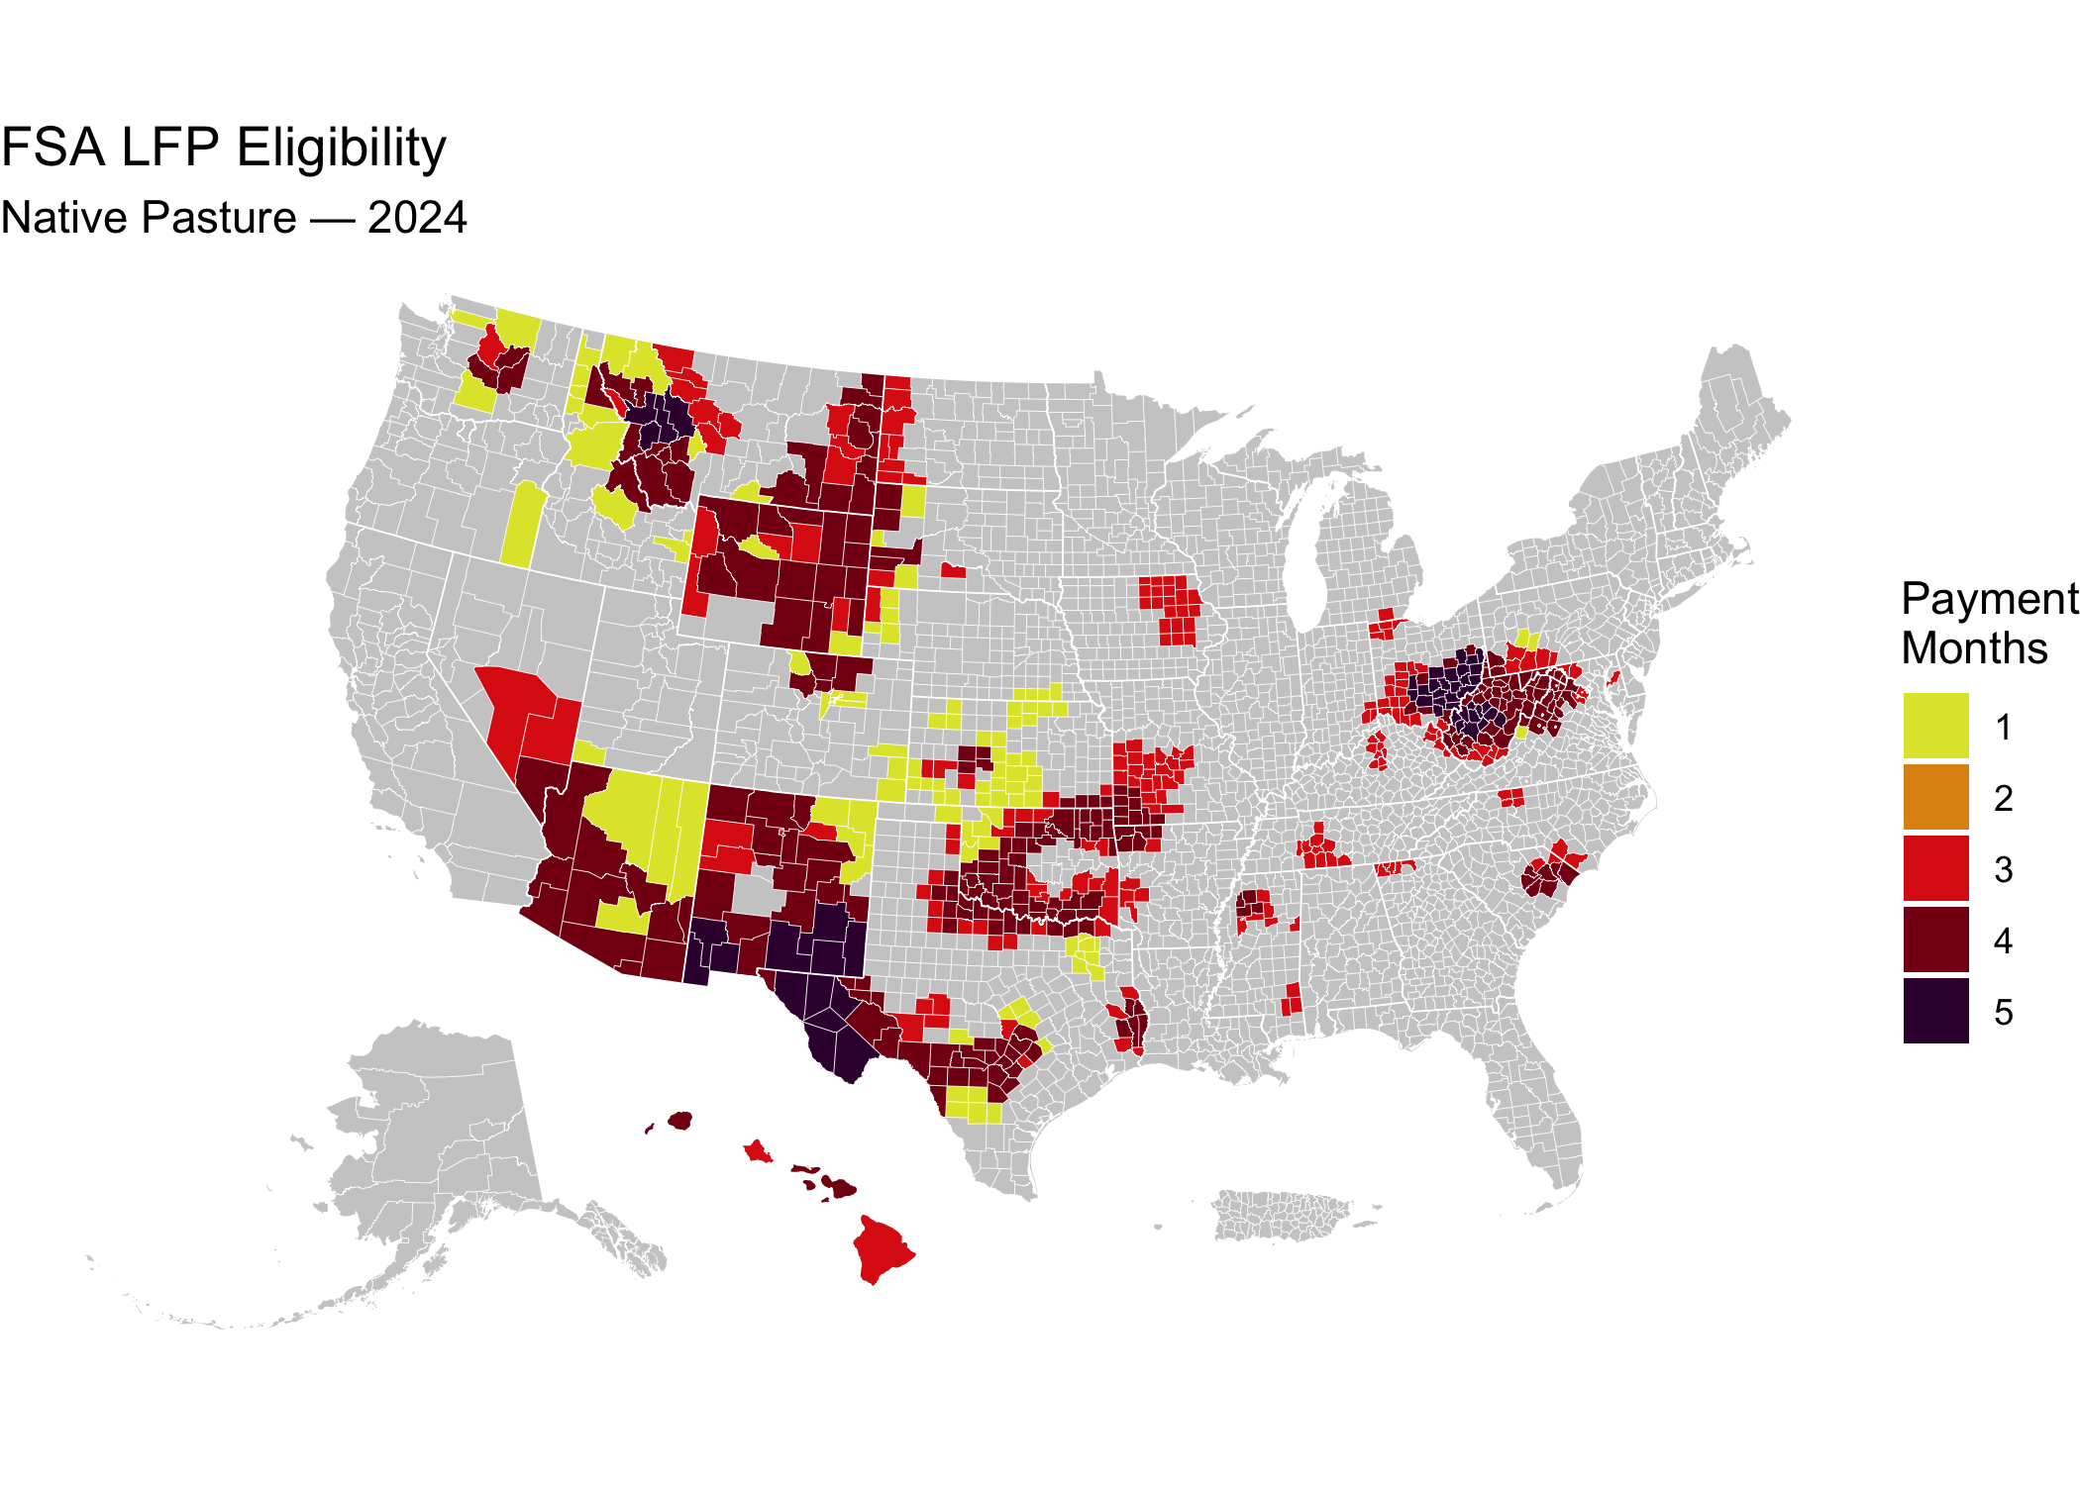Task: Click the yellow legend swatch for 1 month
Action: (1935, 726)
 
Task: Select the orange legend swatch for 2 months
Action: (1935, 797)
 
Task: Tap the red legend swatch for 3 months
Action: (1935, 868)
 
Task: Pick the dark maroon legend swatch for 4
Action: (1935, 940)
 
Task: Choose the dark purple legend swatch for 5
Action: (1935, 1011)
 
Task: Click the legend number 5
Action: (2003, 1012)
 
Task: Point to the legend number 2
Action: (2003, 798)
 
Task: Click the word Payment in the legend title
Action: (1988, 600)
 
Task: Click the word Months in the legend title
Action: (1974, 648)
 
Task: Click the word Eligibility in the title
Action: (341, 148)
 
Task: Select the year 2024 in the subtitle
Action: (417, 218)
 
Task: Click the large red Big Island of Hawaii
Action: (882, 1249)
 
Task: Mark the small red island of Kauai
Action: (758, 1151)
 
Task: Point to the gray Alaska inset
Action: (436, 1138)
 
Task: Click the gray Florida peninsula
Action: (1535, 1109)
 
